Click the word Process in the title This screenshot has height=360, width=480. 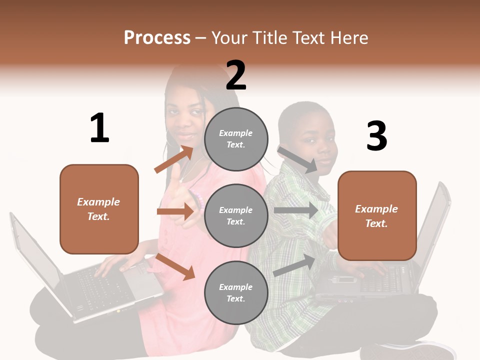point(157,37)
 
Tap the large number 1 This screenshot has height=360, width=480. point(99,128)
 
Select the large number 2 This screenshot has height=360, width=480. point(236,75)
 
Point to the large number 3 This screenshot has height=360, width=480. point(376,136)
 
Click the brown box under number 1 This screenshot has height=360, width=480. point(99,209)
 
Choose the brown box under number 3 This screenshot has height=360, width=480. point(377,215)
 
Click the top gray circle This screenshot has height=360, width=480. point(236,139)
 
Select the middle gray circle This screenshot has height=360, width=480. point(236,215)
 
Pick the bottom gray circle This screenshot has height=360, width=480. point(236,292)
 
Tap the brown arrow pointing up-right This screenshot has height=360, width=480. point(173,159)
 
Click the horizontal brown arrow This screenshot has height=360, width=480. point(175,211)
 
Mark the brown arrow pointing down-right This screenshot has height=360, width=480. point(175,266)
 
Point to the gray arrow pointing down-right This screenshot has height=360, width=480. point(297,159)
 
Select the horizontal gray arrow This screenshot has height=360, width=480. point(295,210)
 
